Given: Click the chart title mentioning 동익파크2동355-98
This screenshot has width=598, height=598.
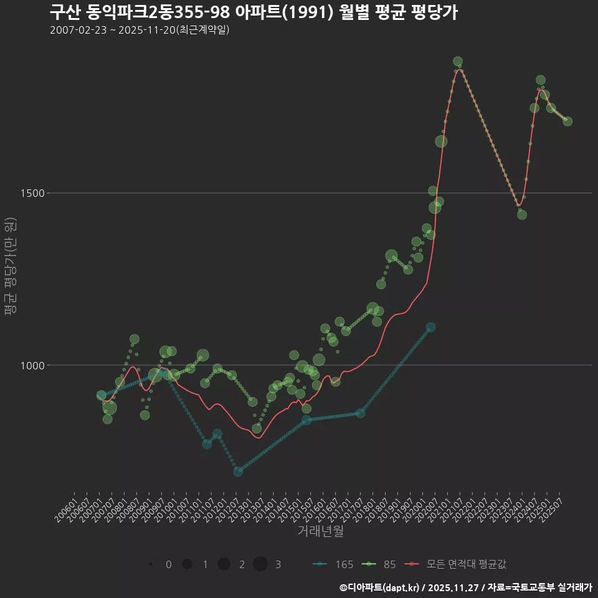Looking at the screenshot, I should pos(254,12).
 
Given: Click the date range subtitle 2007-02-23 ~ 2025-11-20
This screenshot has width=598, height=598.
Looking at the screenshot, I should pos(140,30).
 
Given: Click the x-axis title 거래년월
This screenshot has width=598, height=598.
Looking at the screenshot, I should pos(320,531).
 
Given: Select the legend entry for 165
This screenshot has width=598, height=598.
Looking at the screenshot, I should pos(333,564).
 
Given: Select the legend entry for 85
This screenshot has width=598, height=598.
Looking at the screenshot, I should pos(381,564).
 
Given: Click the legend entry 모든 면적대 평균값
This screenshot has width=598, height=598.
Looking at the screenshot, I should pos(456,564).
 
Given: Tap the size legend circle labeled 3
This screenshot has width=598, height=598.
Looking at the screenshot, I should pos(260,564).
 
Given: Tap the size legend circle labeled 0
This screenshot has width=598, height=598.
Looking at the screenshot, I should pos(151,564).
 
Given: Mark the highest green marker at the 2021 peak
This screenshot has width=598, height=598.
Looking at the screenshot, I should pos(458,62).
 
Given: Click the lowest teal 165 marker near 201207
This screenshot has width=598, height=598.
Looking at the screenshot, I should pos(238,472).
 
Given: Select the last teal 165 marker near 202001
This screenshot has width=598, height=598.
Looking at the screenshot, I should pos(430,327).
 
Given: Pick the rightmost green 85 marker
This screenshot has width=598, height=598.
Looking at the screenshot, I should pos(567,121).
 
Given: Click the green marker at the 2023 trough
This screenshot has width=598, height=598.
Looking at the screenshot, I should pos(522,215).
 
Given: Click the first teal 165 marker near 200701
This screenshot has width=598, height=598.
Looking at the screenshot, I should pos(101,396).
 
